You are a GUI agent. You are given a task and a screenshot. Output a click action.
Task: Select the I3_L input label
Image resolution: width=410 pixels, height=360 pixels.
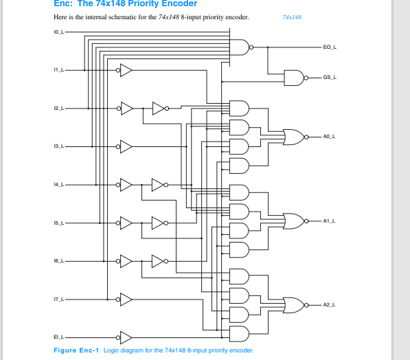[x=58, y=146]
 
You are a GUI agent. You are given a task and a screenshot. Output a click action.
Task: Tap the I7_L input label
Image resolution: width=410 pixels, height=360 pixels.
[x=58, y=298]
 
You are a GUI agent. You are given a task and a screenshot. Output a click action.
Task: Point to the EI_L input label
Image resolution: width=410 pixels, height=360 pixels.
[x=58, y=337]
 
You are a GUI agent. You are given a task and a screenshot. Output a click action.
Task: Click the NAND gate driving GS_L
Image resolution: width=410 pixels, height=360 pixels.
[x=294, y=78]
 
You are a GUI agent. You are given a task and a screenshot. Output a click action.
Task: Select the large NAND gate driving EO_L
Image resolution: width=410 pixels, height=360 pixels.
[x=240, y=47]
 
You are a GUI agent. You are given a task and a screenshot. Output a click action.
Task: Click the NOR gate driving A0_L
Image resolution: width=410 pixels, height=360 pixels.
[x=293, y=137]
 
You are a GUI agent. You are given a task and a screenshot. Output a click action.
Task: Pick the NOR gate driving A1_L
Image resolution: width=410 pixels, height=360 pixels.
[x=293, y=221]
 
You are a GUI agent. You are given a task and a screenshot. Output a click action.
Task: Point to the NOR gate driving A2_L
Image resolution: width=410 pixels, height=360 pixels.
[x=293, y=304]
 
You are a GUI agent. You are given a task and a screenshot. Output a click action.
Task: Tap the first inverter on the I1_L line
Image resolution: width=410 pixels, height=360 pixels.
[x=125, y=70]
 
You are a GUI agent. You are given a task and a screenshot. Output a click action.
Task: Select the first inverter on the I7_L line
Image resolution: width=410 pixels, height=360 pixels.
[x=125, y=298]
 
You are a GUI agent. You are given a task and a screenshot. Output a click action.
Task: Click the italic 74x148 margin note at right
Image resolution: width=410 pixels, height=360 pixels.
[x=292, y=16]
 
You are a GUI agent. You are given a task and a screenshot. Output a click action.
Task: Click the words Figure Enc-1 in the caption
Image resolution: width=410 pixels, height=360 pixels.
[x=76, y=350]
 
